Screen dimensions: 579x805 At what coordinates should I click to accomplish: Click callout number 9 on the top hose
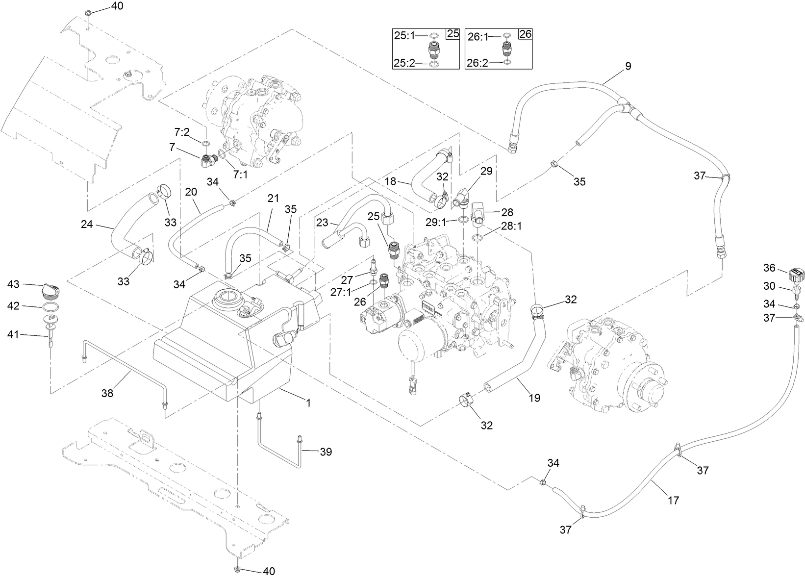point(628,67)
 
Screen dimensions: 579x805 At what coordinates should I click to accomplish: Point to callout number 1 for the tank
point(308,403)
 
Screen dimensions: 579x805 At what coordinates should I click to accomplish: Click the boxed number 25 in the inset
point(453,34)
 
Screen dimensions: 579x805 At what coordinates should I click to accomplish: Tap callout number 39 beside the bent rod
point(326,452)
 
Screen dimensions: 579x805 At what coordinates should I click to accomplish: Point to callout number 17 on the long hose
point(673,500)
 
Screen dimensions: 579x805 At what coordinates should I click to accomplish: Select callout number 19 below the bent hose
point(534,398)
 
